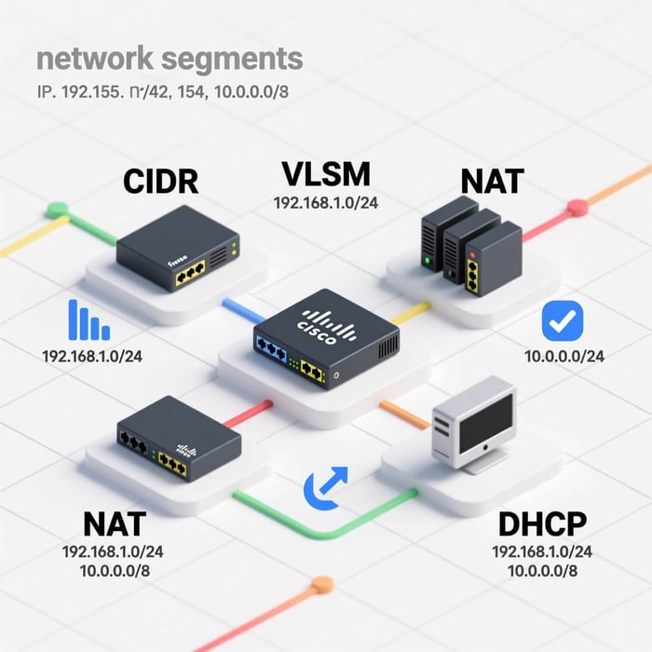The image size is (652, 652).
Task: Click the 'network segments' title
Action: pyautogui.click(x=170, y=58)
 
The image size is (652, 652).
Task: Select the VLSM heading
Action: pyautogui.click(x=325, y=173)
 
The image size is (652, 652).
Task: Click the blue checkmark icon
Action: pyautogui.click(x=562, y=321)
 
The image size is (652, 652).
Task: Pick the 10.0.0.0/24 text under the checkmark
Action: pyautogui.click(x=564, y=356)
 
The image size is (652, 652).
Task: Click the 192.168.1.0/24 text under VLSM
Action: pyautogui.click(x=325, y=202)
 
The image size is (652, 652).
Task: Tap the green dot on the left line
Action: pyautogui.click(x=58, y=210)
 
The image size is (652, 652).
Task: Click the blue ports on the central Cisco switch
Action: pyautogui.click(x=272, y=352)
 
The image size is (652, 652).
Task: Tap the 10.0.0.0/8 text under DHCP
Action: pyautogui.click(x=541, y=571)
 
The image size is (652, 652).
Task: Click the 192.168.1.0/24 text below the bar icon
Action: pyautogui.click(x=92, y=356)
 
